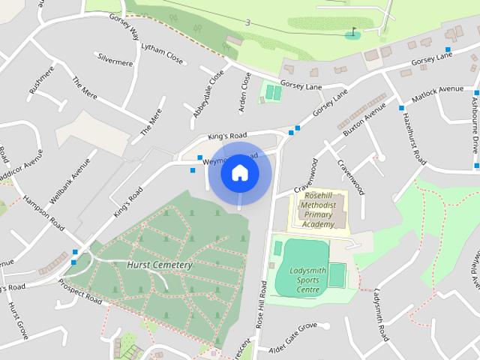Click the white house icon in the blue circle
click(x=240, y=172)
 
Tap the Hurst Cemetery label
click(x=160, y=265)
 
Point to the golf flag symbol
click(x=353, y=33)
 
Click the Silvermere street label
click(x=115, y=60)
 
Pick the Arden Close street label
click(x=244, y=92)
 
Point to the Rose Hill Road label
click(x=262, y=304)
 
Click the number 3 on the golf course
click(x=248, y=23)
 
